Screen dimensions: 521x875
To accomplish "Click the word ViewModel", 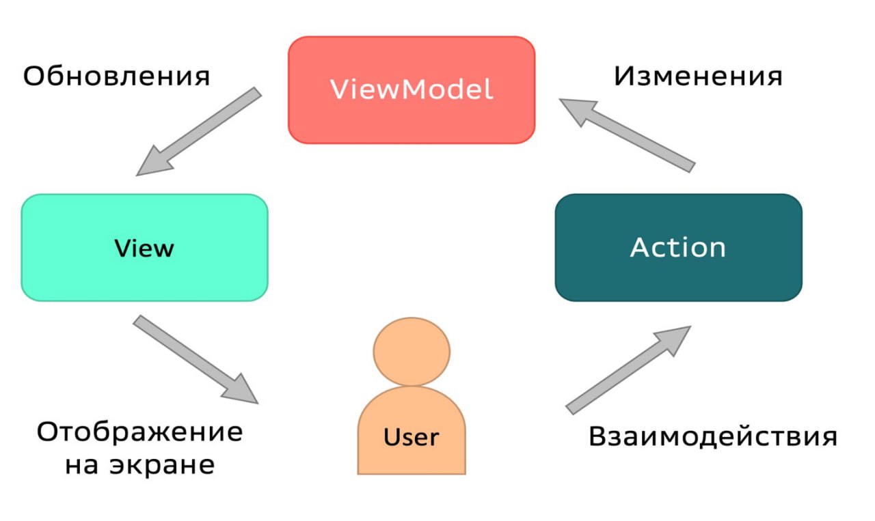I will (412, 89).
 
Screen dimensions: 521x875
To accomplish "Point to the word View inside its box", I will (144, 248).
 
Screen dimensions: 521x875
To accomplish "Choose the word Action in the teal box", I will (677, 247).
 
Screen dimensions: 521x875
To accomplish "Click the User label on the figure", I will (411, 436).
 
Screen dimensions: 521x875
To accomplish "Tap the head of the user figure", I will (411, 351).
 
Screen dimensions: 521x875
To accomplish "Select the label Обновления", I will (116, 76).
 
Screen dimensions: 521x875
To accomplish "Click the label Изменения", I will (697, 76).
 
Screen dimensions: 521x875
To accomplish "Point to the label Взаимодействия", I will (712, 436).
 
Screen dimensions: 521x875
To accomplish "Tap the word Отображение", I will (139, 432).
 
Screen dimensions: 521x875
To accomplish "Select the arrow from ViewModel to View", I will (198, 131).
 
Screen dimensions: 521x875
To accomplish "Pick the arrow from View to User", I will (196, 359).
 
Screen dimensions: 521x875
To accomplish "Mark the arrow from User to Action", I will (628, 369).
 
